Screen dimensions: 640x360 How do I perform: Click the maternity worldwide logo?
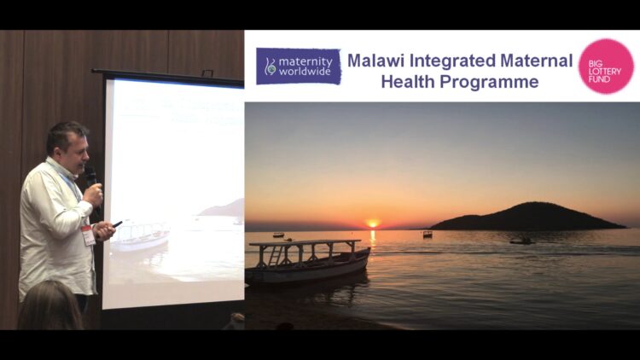click(x=299, y=67)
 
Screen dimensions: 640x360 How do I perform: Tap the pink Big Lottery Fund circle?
click(x=606, y=67)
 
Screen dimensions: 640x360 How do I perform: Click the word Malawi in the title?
click(x=376, y=61)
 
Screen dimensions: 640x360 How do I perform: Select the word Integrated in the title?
click(x=451, y=61)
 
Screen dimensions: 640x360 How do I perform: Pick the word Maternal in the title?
click(x=537, y=61)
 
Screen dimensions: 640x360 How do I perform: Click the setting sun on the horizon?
click(x=372, y=224)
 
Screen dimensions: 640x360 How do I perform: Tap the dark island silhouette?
click(x=527, y=217)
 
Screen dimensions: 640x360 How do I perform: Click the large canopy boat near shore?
click(x=308, y=261)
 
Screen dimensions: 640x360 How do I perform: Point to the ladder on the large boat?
click(x=276, y=256)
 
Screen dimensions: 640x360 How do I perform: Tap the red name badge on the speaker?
click(x=88, y=235)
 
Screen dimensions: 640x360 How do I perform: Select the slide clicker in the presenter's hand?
click(x=118, y=224)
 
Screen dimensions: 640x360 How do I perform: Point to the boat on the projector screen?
click(x=140, y=236)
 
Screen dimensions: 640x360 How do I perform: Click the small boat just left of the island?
click(x=428, y=235)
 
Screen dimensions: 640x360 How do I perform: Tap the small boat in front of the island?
click(x=521, y=241)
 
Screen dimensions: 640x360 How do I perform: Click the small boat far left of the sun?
click(x=278, y=235)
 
